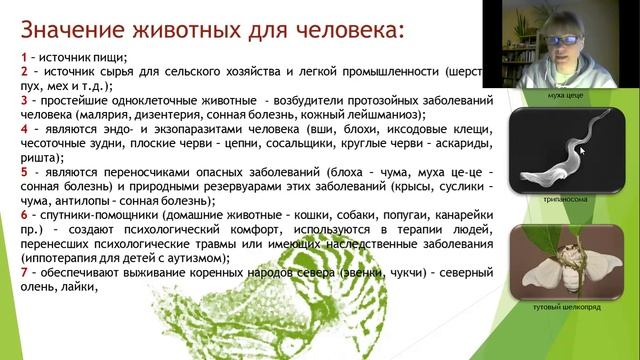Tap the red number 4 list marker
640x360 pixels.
[x=24, y=129]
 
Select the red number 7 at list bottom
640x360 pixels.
[x=24, y=274]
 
